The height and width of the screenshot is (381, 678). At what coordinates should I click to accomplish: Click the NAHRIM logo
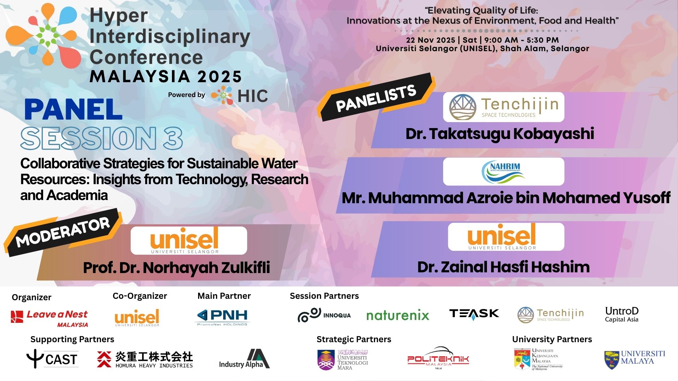pyautogui.click(x=503, y=171)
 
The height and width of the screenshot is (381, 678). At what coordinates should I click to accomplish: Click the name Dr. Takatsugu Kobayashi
pyautogui.click(x=500, y=134)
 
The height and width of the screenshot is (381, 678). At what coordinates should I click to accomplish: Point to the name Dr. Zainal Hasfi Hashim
pyautogui.click(x=503, y=267)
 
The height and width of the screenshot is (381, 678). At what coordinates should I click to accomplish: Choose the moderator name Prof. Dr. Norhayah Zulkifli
pyautogui.click(x=176, y=268)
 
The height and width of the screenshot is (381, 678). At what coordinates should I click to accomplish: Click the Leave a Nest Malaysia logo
pyautogui.click(x=49, y=318)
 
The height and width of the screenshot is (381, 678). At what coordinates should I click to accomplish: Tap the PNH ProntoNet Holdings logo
pyautogui.click(x=222, y=317)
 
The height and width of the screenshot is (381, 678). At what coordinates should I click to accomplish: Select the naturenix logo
pyautogui.click(x=398, y=315)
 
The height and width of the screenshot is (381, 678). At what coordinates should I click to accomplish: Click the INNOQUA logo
pyautogui.click(x=324, y=315)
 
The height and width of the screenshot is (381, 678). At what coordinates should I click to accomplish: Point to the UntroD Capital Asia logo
pyautogui.click(x=621, y=314)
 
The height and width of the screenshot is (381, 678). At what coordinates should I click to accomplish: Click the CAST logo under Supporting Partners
pyautogui.click(x=52, y=359)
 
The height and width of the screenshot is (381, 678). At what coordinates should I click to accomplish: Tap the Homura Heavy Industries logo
pyautogui.click(x=145, y=359)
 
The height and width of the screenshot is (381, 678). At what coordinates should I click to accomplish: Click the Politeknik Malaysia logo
pyautogui.click(x=438, y=358)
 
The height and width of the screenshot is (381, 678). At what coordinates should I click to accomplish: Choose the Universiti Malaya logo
pyautogui.click(x=635, y=359)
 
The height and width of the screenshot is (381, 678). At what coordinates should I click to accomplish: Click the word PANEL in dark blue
pyautogui.click(x=73, y=110)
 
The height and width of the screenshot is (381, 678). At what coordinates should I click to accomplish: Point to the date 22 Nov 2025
pyautogui.click(x=430, y=40)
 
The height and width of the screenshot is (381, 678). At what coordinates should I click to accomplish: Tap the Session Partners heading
pyautogui.click(x=324, y=296)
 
